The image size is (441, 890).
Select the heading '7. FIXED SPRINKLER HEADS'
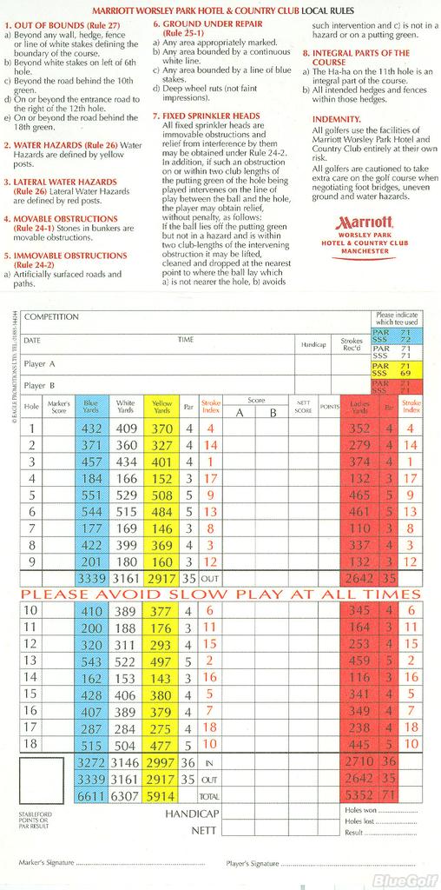(x=206, y=116)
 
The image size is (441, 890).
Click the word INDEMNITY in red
(x=336, y=118)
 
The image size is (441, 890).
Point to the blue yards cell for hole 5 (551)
(x=91, y=495)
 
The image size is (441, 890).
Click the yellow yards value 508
(x=161, y=495)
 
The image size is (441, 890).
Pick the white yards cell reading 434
(x=127, y=462)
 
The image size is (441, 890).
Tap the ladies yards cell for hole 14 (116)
(x=359, y=676)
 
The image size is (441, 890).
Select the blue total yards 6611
(x=91, y=794)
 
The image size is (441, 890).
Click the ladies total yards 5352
(x=359, y=794)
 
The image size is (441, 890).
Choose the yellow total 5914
(x=161, y=794)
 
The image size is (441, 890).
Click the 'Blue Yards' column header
(x=91, y=406)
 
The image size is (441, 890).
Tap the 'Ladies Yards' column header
(x=359, y=406)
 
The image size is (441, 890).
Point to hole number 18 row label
(x=30, y=744)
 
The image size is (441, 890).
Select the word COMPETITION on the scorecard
(x=51, y=317)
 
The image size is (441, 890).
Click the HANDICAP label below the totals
(x=191, y=814)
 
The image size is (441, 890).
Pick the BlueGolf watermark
(x=405, y=880)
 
